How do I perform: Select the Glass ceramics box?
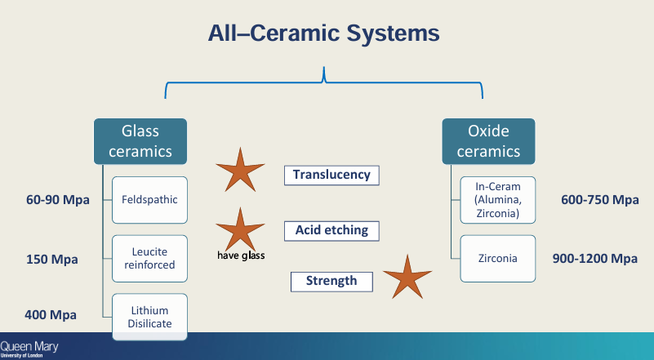pyautogui.click(x=140, y=141)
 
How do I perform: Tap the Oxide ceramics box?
pyautogui.click(x=488, y=141)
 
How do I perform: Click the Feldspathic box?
pyautogui.click(x=149, y=199)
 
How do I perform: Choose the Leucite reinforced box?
pyautogui.click(x=149, y=258)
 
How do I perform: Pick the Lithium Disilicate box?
pyautogui.click(x=149, y=317)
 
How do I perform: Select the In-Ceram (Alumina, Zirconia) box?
pyautogui.click(x=497, y=200)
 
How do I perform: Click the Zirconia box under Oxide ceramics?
pyautogui.click(x=497, y=258)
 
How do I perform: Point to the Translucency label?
pyautogui.click(x=331, y=175)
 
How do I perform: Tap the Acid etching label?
pyautogui.click(x=331, y=231)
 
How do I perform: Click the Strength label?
pyautogui.click(x=331, y=281)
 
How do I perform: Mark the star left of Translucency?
pyautogui.click(x=239, y=170)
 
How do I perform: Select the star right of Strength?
pyautogui.click(x=407, y=277)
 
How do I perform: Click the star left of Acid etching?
pyautogui.click(x=239, y=229)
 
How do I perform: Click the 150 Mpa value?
pyautogui.click(x=52, y=260)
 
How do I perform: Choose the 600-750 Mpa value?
pyautogui.click(x=600, y=200)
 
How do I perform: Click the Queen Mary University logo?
pyautogui.click(x=29, y=349)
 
